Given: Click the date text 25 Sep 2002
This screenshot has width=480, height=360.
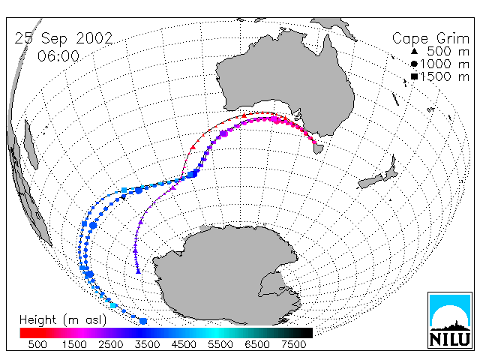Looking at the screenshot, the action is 64,39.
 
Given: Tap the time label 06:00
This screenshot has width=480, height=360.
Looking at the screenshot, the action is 58,57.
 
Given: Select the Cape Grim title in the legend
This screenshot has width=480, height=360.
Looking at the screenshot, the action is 430,39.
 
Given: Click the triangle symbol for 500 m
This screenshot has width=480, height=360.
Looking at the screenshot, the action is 414,51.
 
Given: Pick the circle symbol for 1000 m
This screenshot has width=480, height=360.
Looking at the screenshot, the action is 414,64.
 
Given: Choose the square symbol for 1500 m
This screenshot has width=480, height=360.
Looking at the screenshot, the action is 414,76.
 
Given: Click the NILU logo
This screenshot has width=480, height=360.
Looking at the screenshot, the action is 450,320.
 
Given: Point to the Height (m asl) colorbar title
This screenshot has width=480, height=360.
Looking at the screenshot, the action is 63,320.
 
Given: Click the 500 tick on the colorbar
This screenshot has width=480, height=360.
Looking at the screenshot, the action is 37,345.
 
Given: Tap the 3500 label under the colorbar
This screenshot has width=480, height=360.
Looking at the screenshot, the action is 147,345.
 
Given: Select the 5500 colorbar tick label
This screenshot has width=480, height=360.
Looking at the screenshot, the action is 220,345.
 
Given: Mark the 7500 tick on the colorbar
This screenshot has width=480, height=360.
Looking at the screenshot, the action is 293,345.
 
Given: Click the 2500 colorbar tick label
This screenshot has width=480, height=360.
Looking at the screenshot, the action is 111,345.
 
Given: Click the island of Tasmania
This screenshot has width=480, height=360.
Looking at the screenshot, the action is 318,148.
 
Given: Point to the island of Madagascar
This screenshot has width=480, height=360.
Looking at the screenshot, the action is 31,145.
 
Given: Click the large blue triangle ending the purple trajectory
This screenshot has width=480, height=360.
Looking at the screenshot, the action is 138,271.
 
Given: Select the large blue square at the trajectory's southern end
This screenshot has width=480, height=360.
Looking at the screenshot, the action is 143,321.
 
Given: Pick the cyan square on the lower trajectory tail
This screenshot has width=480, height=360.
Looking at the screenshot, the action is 113,305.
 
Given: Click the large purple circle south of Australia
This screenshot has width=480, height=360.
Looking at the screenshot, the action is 223,133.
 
